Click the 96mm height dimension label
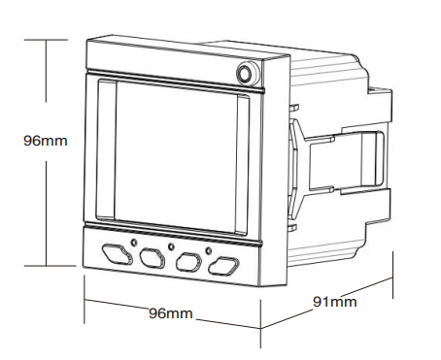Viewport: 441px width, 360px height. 46,141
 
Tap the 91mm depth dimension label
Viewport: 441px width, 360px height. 334,302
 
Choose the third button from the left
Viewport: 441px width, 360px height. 188,260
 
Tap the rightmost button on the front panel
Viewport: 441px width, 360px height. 225,263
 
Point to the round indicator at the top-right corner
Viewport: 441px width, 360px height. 246,72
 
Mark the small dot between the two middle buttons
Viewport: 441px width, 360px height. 171,245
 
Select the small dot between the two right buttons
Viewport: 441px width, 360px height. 208,249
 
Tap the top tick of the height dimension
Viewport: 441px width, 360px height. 46,40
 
